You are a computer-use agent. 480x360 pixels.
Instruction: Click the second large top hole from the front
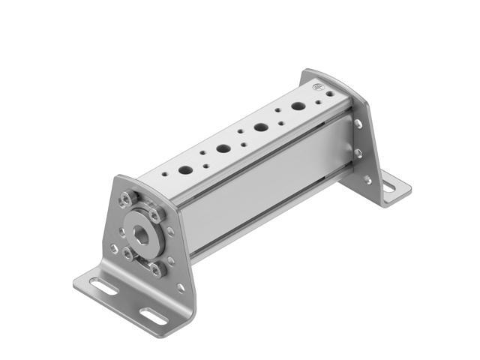tap(223, 147)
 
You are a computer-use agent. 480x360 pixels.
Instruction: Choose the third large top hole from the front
tap(261, 127)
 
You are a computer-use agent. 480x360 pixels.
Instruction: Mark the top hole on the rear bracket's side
tap(358, 123)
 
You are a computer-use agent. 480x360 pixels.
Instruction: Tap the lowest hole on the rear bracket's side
tap(367, 180)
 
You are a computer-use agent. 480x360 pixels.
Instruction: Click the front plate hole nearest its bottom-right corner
tap(179, 287)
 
